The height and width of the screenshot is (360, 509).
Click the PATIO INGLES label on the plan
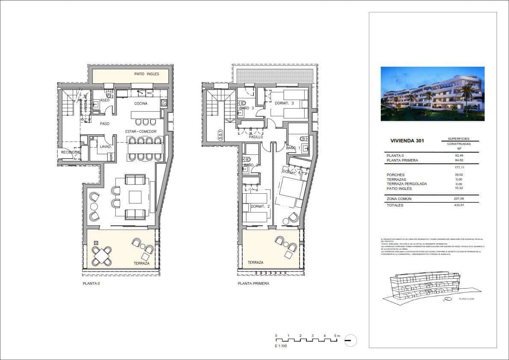[x=147, y=74]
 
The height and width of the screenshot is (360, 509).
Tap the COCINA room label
[x=141, y=103]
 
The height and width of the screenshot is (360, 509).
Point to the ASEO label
[x=105, y=100]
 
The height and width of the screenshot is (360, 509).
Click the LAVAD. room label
[x=106, y=147]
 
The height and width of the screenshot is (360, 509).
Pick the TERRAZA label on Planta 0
[x=141, y=263]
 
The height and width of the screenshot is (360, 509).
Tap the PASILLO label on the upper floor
[x=256, y=137]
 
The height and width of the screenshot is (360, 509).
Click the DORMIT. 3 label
[x=284, y=103]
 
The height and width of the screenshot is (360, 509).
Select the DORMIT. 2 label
[x=260, y=207]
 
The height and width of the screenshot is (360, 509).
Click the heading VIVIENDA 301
[x=407, y=141]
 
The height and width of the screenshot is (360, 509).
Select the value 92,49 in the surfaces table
[x=459, y=156]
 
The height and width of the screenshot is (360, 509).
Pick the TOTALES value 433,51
[x=459, y=205]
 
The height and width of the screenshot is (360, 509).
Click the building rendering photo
[x=433, y=94]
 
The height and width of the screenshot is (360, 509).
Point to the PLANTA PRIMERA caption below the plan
[x=253, y=283]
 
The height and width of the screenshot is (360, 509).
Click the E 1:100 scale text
[x=281, y=345]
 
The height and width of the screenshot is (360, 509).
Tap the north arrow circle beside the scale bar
[x=350, y=340]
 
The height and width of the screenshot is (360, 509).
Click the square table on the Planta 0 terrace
[x=103, y=256]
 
